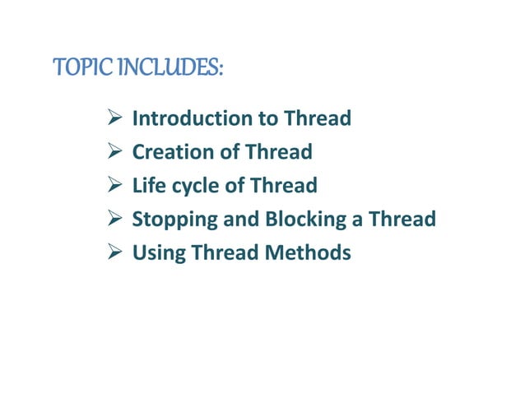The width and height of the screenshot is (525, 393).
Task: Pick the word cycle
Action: tap(194, 187)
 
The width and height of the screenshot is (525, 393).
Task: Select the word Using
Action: tap(159, 254)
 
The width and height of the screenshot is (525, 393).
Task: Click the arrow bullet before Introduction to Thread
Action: tap(116, 120)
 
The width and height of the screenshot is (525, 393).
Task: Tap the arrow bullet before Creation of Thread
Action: tap(116, 154)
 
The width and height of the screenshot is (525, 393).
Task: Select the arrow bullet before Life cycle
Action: tap(116, 187)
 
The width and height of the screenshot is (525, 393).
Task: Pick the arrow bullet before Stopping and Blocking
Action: tap(116, 221)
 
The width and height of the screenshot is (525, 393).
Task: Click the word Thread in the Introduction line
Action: tap(318, 119)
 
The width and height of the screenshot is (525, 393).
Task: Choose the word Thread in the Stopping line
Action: tap(402, 220)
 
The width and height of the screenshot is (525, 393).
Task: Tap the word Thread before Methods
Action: tap(225, 254)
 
